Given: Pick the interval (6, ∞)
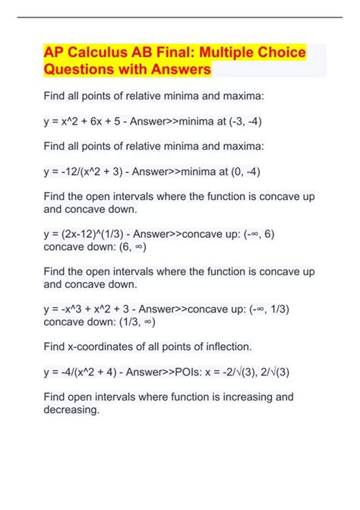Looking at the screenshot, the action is (126, 248).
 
